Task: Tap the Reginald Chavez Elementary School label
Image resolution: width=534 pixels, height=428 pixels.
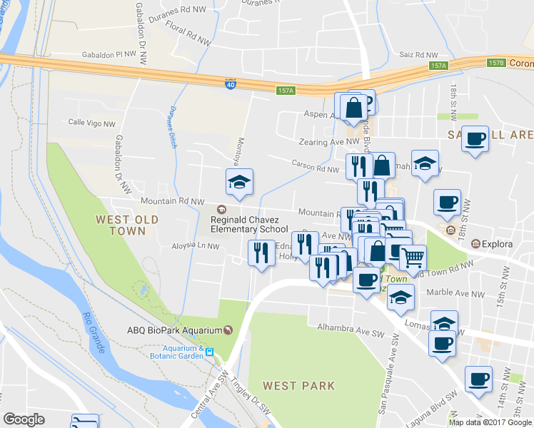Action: click(x=249, y=225)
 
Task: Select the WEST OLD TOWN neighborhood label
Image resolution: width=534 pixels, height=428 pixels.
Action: click(x=120, y=225)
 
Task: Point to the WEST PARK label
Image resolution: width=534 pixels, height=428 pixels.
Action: click(x=298, y=386)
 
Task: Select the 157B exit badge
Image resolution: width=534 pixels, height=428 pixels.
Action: click(x=496, y=63)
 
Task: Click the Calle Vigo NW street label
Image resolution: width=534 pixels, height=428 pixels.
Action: click(x=91, y=123)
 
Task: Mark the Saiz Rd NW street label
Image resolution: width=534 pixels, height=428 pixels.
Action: click(x=420, y=55)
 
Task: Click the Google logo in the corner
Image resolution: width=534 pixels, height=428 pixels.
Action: click(x=24, y=419)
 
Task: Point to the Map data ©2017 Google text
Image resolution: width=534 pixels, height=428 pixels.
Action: click(x=490, y=422)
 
